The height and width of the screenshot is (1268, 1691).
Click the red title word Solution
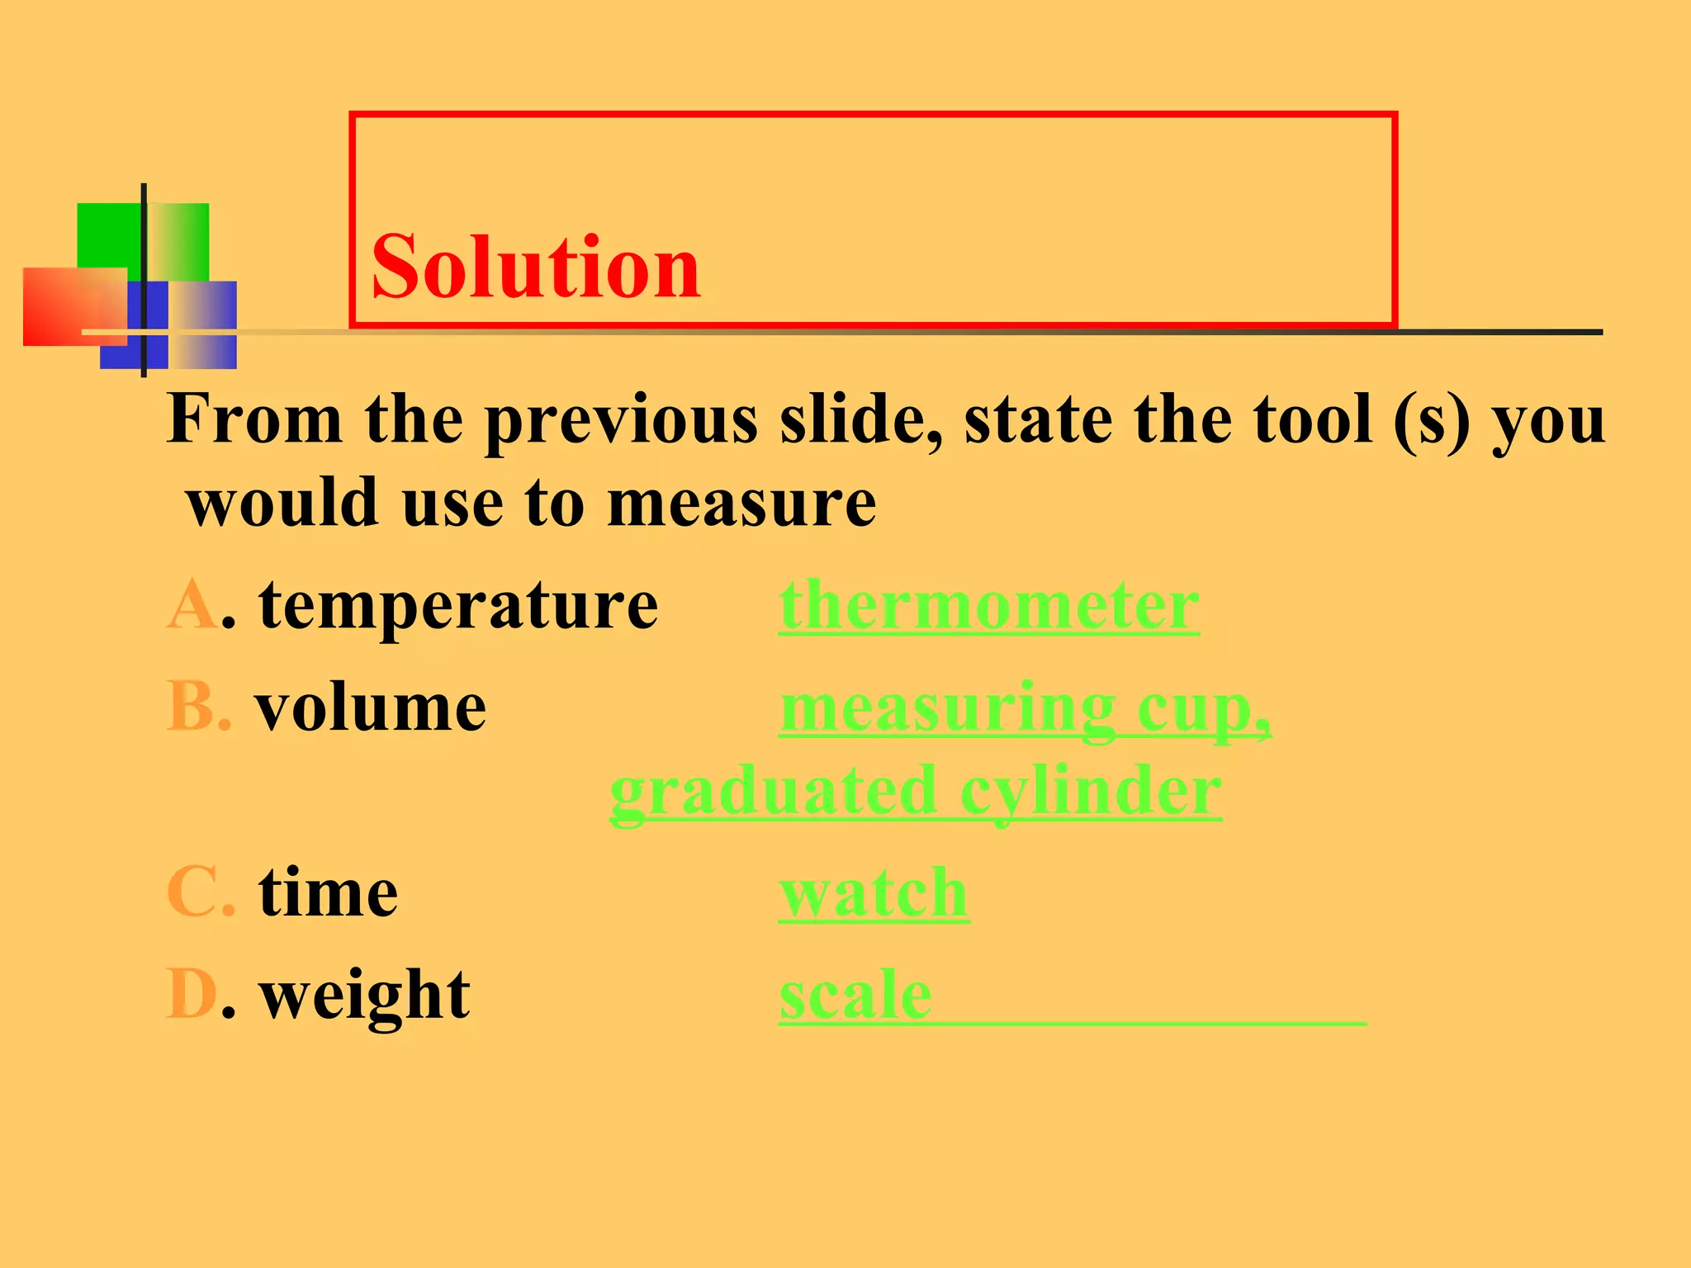536,267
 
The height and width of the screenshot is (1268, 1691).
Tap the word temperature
458,607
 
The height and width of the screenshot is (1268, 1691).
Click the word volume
371,708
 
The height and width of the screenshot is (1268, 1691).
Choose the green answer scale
855,995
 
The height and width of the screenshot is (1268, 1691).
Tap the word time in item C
328,893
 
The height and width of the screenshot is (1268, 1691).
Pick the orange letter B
197,707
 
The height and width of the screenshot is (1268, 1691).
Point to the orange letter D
192,995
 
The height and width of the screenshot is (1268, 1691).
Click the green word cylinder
1090,792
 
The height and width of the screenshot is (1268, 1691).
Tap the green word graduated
773,792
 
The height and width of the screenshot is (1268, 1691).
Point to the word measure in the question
741,504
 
